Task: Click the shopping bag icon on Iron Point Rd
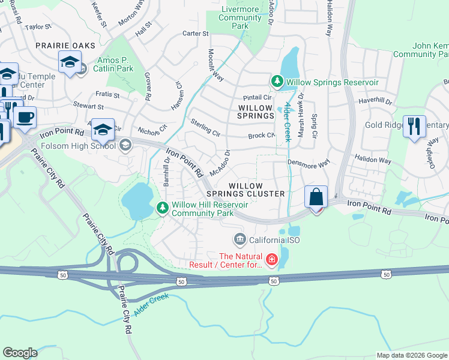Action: click(316, 197)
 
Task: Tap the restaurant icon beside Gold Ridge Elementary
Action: click(414, 127)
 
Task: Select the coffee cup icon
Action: click(25, 118)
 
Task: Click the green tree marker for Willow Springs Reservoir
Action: click(277, 81)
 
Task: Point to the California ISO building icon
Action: click(240, 240)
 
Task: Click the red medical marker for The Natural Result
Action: click(272, 259)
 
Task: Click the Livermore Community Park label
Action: click(240, 18)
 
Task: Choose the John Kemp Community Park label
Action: click(421, 50)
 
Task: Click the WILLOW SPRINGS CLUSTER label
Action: click(246, 190)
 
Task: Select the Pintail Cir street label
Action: click(258, 97)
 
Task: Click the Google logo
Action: click(20, 353)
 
